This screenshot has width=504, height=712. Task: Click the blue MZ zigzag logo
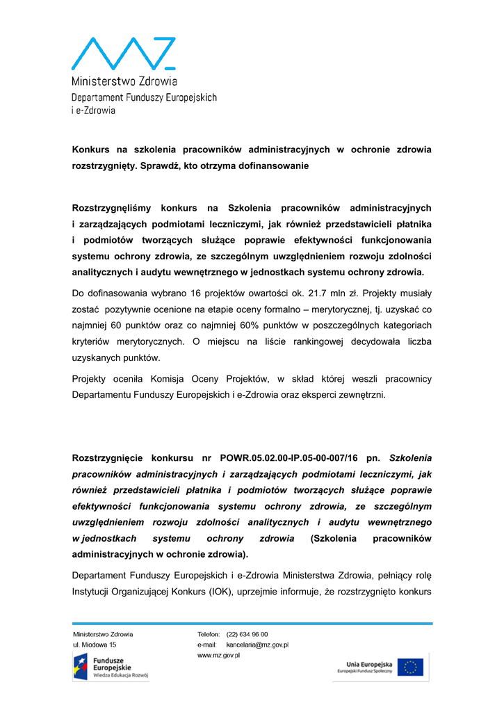(124, 53)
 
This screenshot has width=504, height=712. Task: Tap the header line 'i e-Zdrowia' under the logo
(94, 110)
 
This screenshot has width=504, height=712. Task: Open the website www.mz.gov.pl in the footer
(219, 656)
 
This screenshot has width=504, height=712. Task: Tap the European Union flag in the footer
(411, 667)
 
